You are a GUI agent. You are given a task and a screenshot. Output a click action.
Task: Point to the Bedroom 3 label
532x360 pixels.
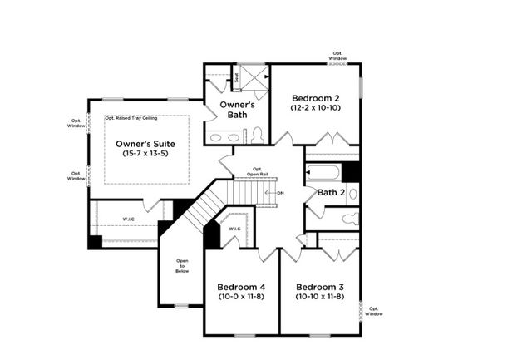[320, 287]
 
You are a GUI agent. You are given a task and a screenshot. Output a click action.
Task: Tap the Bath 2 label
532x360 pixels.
[332, 193]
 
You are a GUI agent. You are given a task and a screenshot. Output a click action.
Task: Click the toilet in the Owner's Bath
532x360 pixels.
[258, 136]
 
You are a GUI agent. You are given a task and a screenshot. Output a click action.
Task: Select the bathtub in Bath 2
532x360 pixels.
[323, 173]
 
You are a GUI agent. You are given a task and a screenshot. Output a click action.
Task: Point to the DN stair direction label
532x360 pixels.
[279, 193]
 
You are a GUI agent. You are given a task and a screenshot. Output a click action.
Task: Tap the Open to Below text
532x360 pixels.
[182, 266]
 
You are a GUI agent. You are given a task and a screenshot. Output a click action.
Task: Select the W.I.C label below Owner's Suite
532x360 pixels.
[127, 220]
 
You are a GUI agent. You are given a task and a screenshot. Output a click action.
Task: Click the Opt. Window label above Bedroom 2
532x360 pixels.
[337, 56]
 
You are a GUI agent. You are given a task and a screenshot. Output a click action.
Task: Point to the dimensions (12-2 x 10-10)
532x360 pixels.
[315, 108]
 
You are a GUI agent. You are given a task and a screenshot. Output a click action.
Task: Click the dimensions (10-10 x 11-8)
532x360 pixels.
[320, 297]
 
